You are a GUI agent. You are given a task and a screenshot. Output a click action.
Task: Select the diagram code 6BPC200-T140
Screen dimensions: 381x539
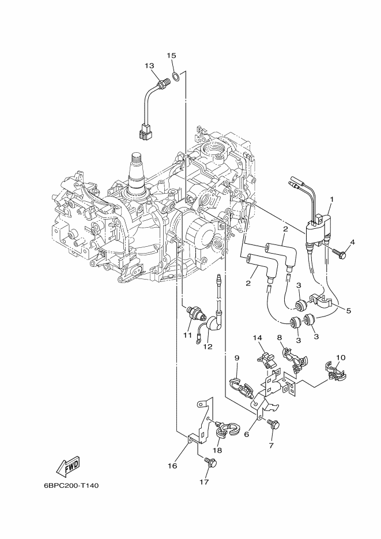click(x=71, y=486)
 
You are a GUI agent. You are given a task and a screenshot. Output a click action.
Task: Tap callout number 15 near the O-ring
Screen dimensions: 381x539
click(x=172, y=55)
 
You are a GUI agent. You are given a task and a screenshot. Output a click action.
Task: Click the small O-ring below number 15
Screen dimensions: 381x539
click(x=175, y=76)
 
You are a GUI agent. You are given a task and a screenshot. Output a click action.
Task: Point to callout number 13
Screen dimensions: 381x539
click(x=149, y=66)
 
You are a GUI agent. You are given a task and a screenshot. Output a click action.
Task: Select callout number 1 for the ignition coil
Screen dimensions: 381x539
click(x=331, y=199)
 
